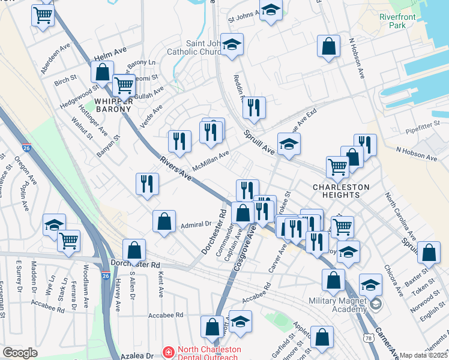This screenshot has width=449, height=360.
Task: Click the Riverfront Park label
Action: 397,21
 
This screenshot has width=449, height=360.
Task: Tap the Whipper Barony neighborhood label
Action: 111,104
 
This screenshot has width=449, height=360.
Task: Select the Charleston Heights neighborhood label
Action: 341,191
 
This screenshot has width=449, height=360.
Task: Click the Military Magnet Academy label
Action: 337,304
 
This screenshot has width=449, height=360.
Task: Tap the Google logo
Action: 20,353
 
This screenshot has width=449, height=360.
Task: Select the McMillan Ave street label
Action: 211,161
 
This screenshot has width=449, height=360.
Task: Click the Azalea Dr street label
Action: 137,356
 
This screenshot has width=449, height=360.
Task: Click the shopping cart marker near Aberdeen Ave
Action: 43,15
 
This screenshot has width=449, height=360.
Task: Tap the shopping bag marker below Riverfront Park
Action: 329,47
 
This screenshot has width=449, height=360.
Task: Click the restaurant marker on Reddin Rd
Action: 254,108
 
